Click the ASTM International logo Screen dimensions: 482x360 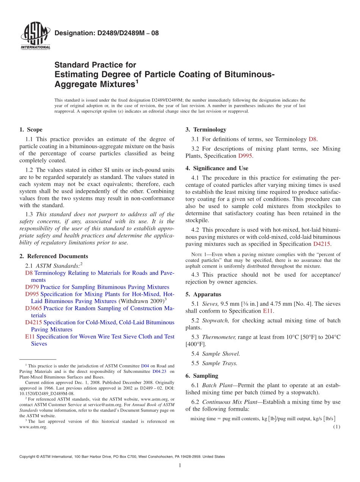[35, 36]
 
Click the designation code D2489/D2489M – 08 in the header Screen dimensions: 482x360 [106, 33]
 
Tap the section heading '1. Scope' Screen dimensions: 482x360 [31, 130]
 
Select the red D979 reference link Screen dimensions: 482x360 [32, 287]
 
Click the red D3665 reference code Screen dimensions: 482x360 [33, 308]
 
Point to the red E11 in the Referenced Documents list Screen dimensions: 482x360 [30, 336]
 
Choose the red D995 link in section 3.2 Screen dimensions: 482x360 [245, 156]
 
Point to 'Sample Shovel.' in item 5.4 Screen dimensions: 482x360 [221, 354]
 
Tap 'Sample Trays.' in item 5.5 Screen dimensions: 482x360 [219, 363]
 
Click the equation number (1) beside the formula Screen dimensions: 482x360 [337, 427]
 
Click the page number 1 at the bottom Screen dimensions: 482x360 [180, 465]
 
